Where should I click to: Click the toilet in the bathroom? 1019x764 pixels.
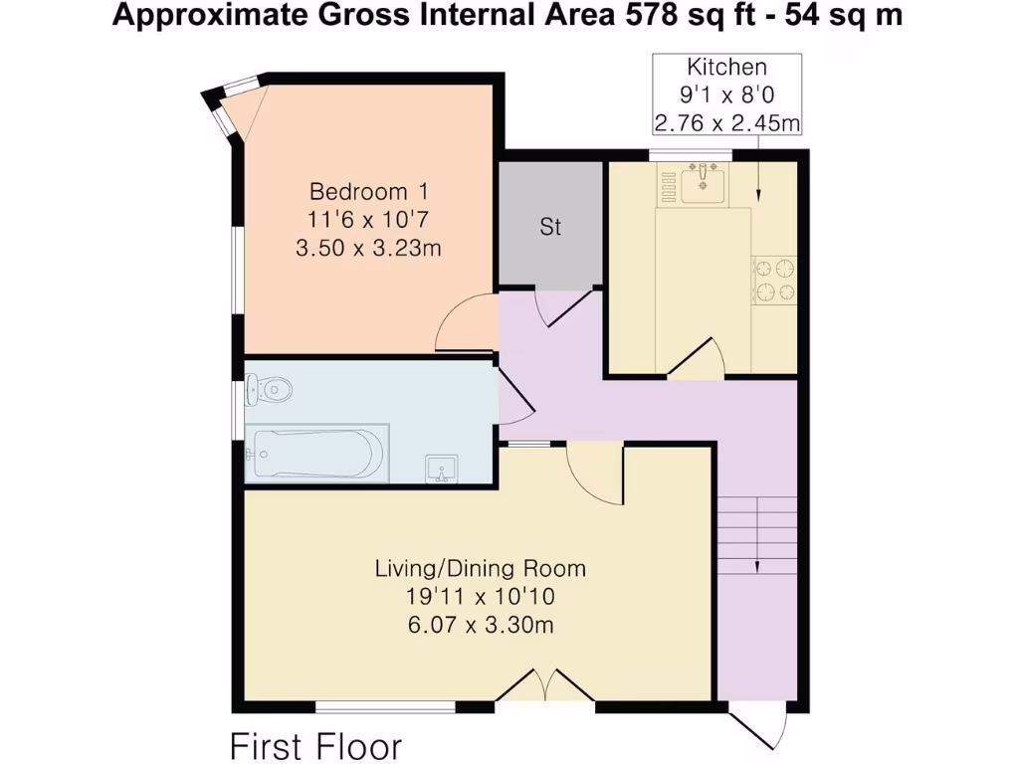click(270, 389)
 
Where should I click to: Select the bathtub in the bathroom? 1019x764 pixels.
click(317, 454)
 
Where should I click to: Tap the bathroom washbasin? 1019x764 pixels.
click(440, 467)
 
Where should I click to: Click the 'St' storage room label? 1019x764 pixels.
click(550, 228)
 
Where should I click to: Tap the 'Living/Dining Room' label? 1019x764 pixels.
click(480, 569)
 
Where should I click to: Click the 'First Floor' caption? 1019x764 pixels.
click(316, 745)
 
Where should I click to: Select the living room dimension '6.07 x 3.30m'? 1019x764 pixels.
click(480, 625)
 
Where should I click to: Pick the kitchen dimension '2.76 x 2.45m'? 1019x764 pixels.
click(727, 123)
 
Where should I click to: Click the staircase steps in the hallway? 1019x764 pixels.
click(757, 532)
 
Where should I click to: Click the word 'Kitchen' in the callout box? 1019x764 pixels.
click(727, 68)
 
